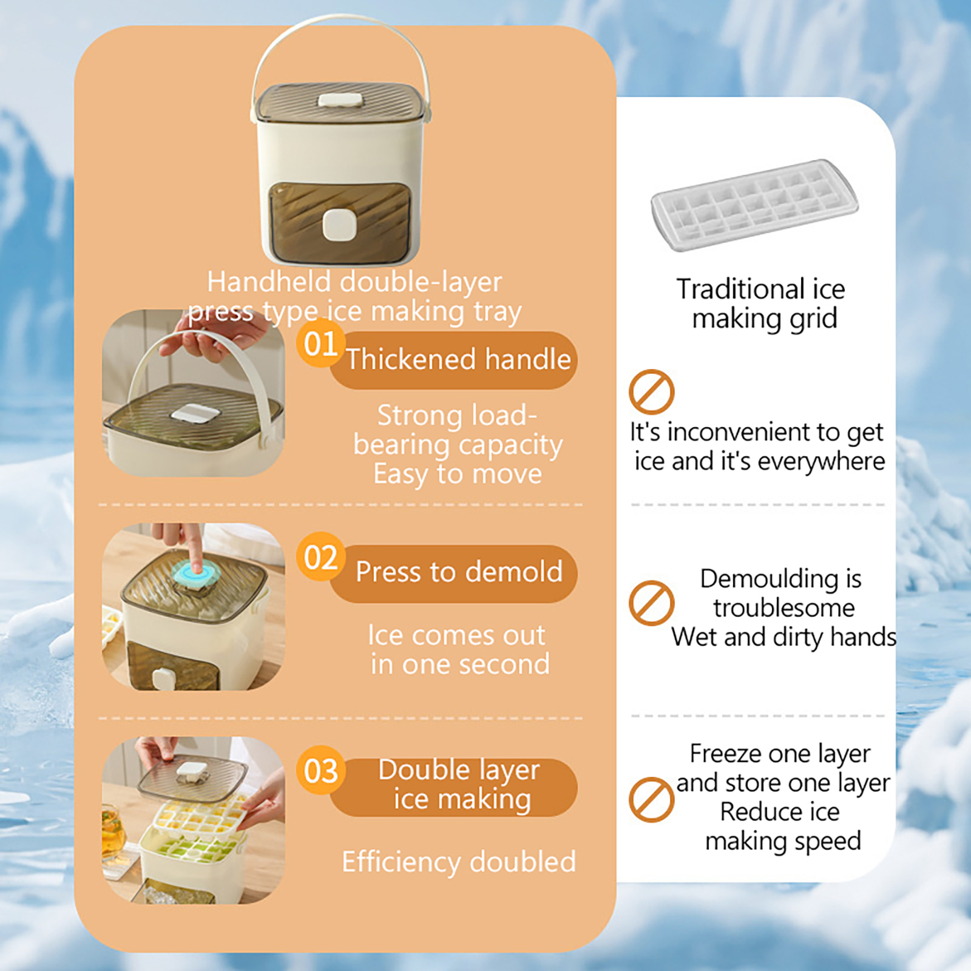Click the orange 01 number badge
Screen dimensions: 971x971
[x=321, y=343]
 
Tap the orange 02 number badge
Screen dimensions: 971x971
[x=320, y=557]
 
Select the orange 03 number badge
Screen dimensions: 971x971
[x=320, y=770]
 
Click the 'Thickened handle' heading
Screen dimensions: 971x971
[x=459, y=359]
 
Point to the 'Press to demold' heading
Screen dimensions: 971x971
[x=459, y=572]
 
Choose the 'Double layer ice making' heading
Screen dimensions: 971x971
[x=459, y=784]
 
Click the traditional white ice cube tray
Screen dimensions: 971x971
[x=754, y=205]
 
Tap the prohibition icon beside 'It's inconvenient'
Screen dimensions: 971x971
[x=651, y=391]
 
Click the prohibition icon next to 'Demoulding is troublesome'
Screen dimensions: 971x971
[x=651, y=603]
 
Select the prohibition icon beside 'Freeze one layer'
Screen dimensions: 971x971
[x=651, y=799]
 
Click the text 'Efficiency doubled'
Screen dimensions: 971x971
[x=459, y=862]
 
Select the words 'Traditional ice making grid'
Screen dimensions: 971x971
[x=762, y=303]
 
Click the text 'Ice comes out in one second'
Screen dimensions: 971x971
[x=459, y=649]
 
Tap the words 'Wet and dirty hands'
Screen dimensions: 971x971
[x=783, y=637]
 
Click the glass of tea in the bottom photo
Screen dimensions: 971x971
[x=113, y=831]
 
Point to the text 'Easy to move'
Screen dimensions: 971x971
[x=458, y=474]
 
